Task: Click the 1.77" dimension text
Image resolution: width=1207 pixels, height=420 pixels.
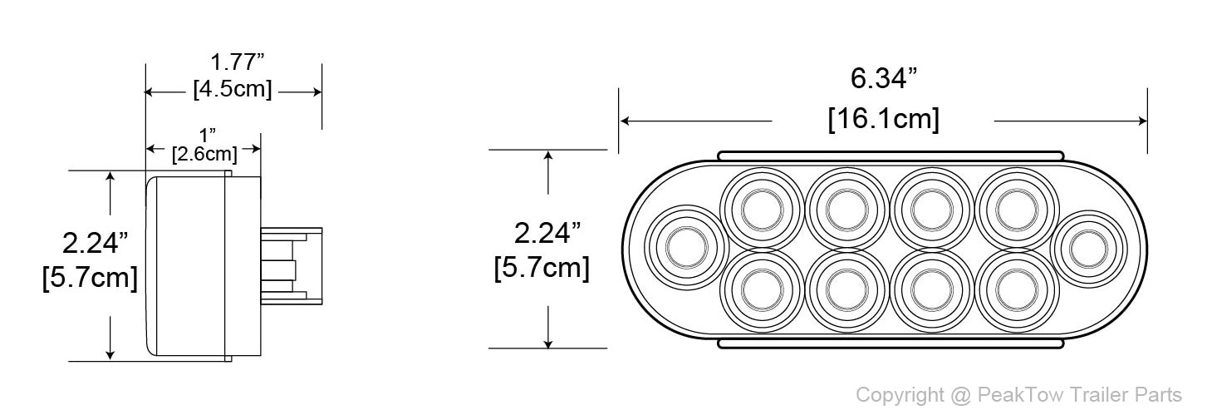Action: pyautogui.click(x=237, y=62)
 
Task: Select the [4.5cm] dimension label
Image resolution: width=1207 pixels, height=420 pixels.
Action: pyautogui.click(x=233, y=89)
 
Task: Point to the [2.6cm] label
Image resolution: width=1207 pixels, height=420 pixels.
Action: pyautogui.click(x=204, y=154)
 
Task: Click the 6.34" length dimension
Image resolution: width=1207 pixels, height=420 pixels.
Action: pyautogui.click(x=883, y=78)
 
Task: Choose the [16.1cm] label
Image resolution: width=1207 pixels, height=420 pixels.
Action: pyautogui.click(x=884, y=119)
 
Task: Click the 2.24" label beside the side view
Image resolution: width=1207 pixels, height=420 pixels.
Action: pyautogui.click(x=96, y=243)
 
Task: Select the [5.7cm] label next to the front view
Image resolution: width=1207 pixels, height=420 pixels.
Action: pyautogui.click(x=542, y=268)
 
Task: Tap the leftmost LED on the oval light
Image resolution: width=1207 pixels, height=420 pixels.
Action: pyautogui.click(x=686, y=248)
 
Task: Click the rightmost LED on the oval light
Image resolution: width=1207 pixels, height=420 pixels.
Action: pyautogui.click(x=1089, y=249)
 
